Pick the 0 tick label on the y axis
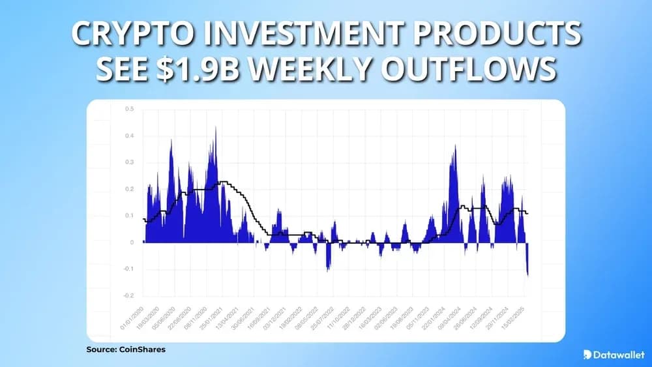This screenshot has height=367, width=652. pos(132,242)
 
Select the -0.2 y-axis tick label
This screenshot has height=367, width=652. pos(129,295)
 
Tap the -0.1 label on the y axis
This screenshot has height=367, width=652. pos(129,269)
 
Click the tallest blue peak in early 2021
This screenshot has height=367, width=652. pos(215,128)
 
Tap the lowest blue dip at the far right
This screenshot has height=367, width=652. pos(527,274)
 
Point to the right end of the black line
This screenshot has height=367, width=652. pos(528,213)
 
